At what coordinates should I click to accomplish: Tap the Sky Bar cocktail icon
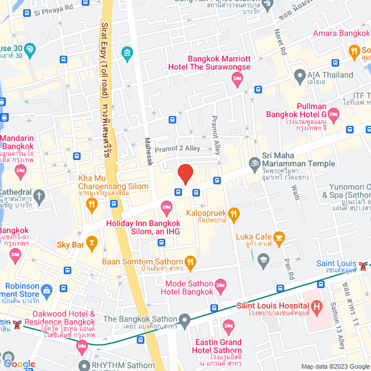92,241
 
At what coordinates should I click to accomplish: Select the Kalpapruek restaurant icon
234,214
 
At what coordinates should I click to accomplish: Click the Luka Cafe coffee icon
279,237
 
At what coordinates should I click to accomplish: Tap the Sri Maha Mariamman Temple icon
253,163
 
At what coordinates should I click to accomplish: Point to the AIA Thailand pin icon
300,75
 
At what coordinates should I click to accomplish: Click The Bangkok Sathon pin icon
184,319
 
